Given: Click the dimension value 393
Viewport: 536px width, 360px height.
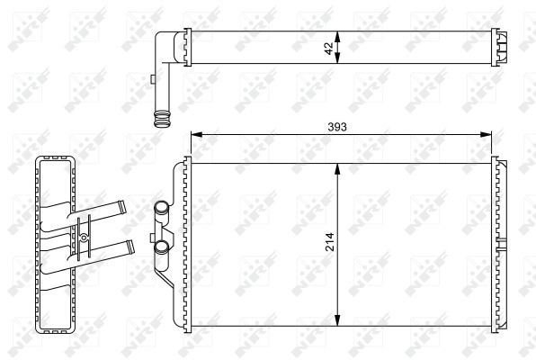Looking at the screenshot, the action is point(337,127).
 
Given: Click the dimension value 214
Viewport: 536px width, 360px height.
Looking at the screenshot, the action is point(329,242).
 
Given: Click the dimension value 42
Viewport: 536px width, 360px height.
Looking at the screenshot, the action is point(329,49).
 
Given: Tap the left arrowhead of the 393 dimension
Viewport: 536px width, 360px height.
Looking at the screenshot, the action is point(197,134).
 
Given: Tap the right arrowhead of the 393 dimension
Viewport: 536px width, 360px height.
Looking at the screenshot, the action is point(486,134).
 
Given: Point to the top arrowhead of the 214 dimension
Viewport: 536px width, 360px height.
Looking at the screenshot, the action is point(337,169).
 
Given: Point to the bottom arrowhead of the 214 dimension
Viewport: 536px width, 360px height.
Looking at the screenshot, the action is point(337,320).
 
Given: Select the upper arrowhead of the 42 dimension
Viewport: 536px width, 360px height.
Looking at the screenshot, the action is point(337,37).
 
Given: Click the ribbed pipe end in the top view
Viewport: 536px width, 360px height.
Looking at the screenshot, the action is point(162,119).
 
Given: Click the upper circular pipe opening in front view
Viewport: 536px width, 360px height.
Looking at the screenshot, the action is point(161,207).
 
